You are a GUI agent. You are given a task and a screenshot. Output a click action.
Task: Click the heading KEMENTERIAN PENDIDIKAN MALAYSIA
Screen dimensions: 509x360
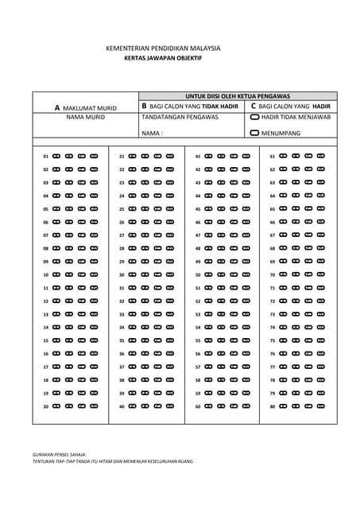[x=163, y=49]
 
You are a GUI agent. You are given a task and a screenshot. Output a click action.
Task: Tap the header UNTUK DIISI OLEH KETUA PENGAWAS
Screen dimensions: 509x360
[x=238, y=95]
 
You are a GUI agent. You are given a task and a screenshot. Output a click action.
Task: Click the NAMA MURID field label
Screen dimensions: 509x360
[x=85, y=117]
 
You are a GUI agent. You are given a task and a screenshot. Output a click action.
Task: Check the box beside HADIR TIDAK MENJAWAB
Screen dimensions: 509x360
[x=254, y=117]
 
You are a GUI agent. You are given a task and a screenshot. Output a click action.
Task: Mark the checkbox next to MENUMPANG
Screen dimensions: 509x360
[x=254, y=133]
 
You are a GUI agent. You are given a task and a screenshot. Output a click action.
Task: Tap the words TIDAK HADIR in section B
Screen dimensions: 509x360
[x=219, y=106]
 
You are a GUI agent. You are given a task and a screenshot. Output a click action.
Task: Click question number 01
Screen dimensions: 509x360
[x=46, y=157]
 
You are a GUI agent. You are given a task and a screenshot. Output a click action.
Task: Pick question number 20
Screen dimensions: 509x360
[x=46, y=406]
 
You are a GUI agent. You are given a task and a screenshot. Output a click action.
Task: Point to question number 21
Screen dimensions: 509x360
[x=122, y=157]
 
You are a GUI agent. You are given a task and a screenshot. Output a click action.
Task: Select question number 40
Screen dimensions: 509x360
[x=122, y=406]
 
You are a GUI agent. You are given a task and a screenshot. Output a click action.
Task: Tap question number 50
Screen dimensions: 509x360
[x=198, y=275]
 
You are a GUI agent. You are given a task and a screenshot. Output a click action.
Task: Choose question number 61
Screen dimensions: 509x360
[x=273, y=157]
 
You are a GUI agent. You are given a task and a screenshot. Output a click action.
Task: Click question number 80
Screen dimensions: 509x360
[x=273, y=406]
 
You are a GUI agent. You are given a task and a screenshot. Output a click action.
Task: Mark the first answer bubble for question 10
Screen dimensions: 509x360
[x=56, y=275]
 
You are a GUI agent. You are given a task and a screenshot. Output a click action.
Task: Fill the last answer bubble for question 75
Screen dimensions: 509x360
[x=321, y=340]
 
